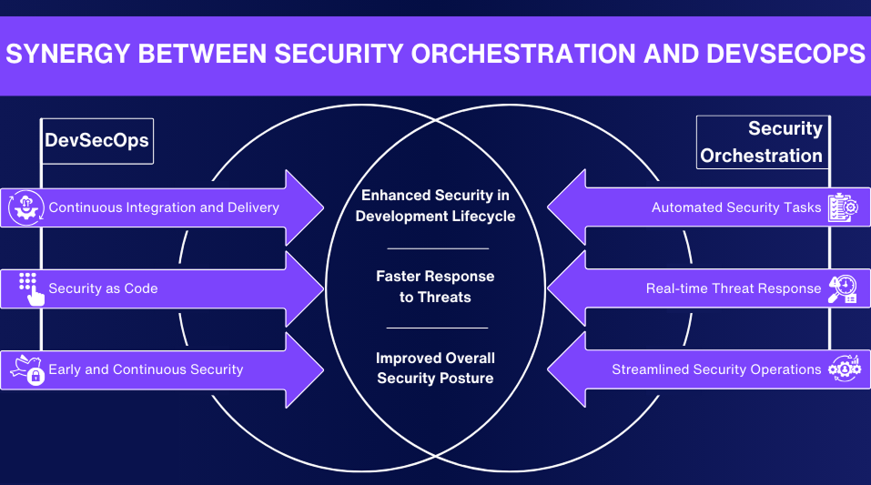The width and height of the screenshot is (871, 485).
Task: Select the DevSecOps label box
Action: click(97, 141)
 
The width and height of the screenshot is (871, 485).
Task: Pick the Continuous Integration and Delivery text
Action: click(164, 207)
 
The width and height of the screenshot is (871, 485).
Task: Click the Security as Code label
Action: click(103, 288)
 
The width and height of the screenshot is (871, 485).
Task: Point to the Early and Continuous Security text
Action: click(146, 369)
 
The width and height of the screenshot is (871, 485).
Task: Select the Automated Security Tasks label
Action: click(736, 207)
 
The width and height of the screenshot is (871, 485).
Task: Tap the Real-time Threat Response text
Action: click(734, 288)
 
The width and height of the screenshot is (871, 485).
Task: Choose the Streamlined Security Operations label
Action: click(716, 369)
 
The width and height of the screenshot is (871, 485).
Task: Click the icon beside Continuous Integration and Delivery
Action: click(25, 207)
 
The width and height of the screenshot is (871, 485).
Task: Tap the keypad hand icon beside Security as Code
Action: click(30, 288)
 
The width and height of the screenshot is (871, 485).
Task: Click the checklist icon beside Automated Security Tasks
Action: click(843, 207)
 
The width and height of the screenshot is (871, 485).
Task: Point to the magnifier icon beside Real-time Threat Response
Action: click(842, 288)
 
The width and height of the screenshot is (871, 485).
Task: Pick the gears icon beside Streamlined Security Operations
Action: click(843, 369)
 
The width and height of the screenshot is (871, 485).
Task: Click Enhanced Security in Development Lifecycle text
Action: click(435, 206)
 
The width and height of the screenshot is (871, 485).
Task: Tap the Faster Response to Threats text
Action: click(435, 287)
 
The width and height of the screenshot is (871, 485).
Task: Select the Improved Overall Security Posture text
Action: click(435, 368)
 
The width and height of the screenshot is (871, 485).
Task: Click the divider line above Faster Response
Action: click(438, 248)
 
